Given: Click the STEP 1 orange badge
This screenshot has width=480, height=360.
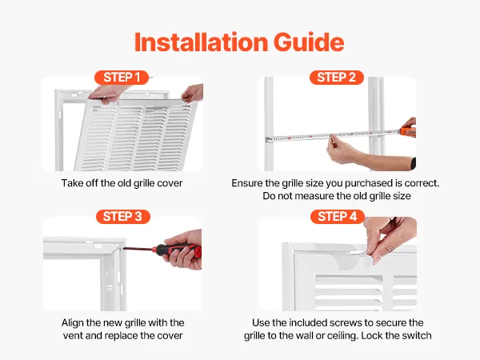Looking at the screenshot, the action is (122, 78).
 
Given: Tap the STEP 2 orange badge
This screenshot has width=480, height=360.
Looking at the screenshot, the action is (337, 78).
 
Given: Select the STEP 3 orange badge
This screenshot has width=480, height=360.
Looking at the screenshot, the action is (122, 217).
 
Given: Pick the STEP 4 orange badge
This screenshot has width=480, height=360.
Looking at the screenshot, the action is (338, 217).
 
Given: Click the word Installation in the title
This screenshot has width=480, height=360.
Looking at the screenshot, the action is (201, 42).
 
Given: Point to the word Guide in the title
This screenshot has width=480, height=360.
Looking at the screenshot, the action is (309, 42).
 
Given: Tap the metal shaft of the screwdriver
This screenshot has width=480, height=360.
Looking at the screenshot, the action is (138, 249).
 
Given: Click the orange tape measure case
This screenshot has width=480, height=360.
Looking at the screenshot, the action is (408, 132).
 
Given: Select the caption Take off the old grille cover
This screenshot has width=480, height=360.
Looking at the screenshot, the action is (122, 183).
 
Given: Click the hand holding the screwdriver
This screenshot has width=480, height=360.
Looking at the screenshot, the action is (184, 250).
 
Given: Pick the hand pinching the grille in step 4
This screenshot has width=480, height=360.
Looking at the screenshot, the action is (389, 238).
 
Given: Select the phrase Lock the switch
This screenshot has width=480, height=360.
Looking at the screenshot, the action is (396, 335).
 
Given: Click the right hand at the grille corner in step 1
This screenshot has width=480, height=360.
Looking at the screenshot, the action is (192, 93).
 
